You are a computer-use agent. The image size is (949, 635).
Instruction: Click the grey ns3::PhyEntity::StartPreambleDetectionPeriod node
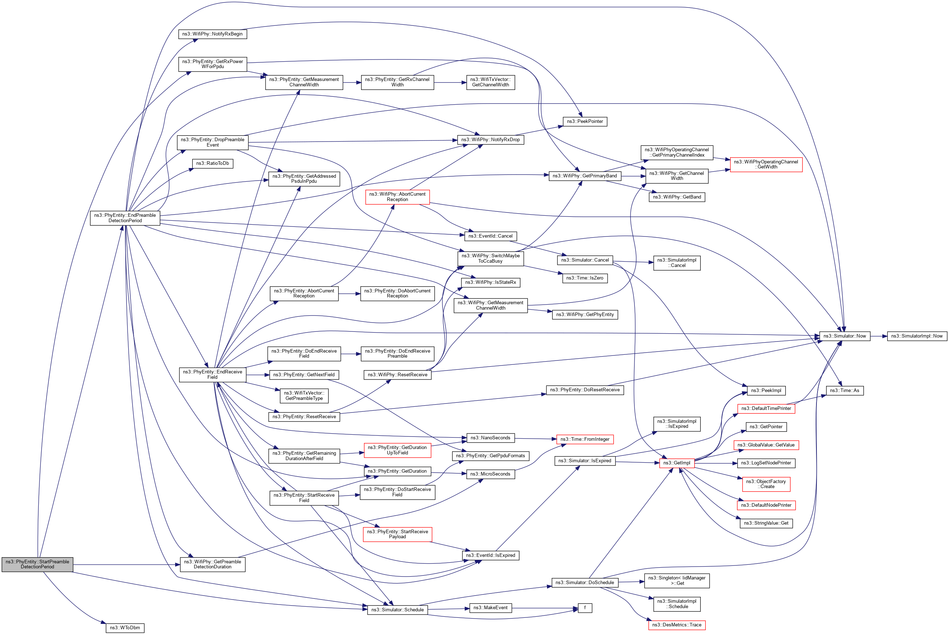pyautogui.click(x=37, y=564)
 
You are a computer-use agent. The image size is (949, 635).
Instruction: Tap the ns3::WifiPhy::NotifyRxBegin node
pyautogui.click(x=212, y=34)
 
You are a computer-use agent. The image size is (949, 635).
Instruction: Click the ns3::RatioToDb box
pyautogui.click(x=212, y=163)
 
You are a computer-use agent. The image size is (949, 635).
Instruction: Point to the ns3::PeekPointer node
pyautogui.click(x=585, y=121)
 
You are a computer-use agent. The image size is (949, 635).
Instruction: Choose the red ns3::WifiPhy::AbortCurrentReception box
pyautogui.click(x=397, y=197)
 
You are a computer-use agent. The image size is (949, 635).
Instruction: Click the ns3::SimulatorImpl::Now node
pyautogui.click(x=917, y=336)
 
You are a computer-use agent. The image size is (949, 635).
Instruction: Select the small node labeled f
pyautogui.click(x=585, y=607)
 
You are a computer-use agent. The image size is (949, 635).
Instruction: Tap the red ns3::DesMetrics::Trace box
pyautogui.click(x=676, y=625)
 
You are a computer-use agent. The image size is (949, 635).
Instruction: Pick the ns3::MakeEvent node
pyautogui.click(x=490, y=607)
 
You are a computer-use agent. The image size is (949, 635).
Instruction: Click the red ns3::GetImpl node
pyautogui.click(x=676, y=463)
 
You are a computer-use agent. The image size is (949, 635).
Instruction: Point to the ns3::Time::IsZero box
pyautogui.click(x=585, y=278)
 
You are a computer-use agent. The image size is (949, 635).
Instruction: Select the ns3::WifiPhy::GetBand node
pyautogui.click(x=676, y=197)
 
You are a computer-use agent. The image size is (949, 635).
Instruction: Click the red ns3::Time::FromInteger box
pyautogui.click(x=585, y=439)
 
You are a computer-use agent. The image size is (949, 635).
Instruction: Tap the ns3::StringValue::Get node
pyautogui.click(x=766, y=523)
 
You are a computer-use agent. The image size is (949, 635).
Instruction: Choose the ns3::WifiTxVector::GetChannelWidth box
pyautogui.click(x=490, y=82)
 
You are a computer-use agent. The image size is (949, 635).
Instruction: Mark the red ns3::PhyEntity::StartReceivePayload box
pyautogui.click(x=397, y=534)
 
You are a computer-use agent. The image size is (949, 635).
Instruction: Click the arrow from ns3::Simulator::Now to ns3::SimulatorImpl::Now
pyautogui.click(x=878, y=336)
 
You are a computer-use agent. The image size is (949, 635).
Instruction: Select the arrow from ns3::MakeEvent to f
pyautogui.click(x=545, y=608)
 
